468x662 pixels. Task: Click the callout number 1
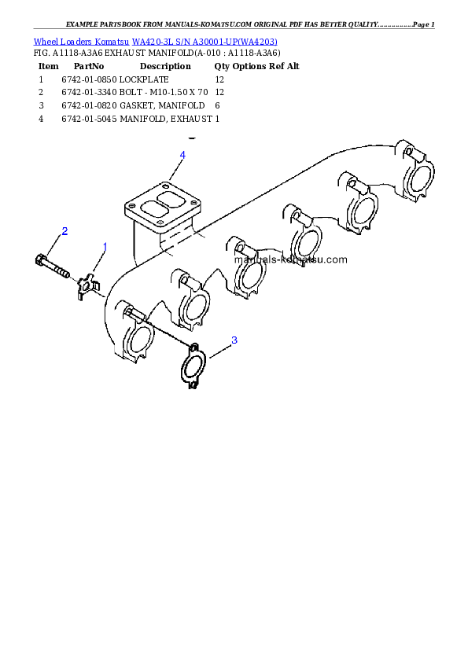(x=105, y=247)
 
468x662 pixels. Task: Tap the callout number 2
(x=64, y=231)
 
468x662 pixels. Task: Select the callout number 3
(x=234, y=340)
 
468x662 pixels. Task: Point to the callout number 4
(x=182, y=155)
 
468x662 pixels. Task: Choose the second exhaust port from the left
(x=193, y=307)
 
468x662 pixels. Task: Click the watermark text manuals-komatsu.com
(x=290, y=259)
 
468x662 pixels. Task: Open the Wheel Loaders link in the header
(x=63, y=41)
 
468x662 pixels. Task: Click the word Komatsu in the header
(x=112, y=41)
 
